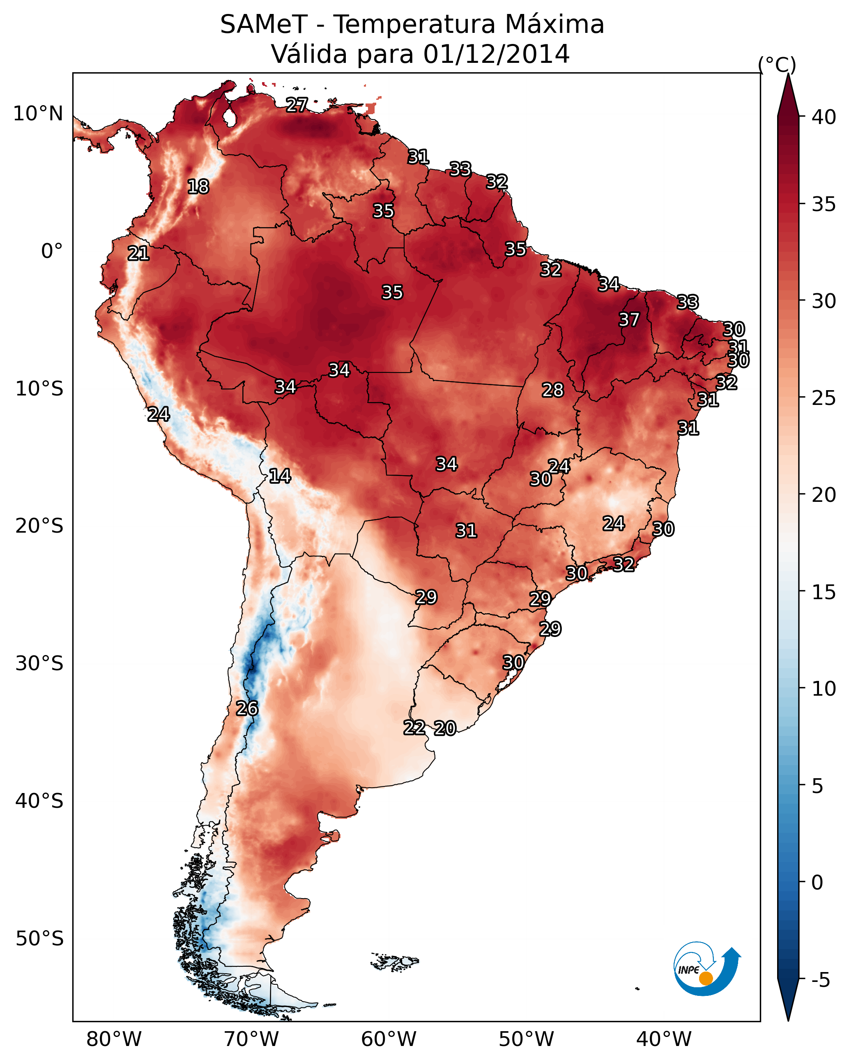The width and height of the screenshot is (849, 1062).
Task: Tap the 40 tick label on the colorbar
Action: pos(824,117)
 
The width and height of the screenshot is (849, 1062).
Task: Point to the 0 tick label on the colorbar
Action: pos(817,882)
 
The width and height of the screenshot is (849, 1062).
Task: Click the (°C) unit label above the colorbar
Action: pos(777,64)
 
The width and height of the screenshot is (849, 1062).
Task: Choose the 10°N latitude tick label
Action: pos(38,114)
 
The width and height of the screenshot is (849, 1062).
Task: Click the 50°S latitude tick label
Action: pos(39,938)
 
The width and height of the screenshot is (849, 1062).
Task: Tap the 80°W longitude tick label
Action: pos(114,1039)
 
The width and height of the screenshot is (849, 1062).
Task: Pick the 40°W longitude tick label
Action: pos(664,1039)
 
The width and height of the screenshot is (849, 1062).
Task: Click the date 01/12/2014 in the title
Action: pos(496,54)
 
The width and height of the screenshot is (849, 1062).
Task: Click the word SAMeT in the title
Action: pos(264,24)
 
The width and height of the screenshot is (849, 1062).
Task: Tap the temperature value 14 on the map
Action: pos(280,476)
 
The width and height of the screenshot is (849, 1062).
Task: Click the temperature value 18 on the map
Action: pos(198,187)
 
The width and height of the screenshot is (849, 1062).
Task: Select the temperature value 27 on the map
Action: pos(297,105)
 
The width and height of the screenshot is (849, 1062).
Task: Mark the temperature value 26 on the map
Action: pos(247,708)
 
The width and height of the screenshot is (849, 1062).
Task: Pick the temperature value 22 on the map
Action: pos(414,728)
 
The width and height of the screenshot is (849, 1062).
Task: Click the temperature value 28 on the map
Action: pos(552,390)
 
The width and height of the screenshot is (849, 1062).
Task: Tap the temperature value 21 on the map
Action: pos(138,254)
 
